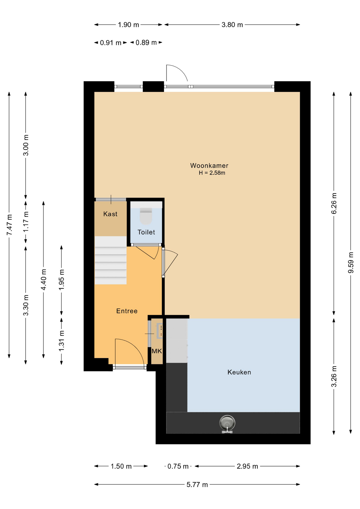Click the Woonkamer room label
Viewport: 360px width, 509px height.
(x=209, y=166)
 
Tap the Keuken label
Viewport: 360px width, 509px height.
(x=239, y=372)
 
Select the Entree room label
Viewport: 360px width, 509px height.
(x=127, y=311)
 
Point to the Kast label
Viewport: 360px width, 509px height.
(x=110, y=214)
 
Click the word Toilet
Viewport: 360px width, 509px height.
(x=146, y=232)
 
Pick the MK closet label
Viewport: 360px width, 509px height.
(x=157, y=351)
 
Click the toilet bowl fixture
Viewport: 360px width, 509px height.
(x=146, y=216)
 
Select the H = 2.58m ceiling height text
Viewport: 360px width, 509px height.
(x=212, y=173)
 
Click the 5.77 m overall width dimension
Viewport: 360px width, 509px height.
(x=197, y=485)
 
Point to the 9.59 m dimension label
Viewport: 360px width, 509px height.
(x=351, y=262)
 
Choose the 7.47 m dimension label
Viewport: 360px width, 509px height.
(x=9, y=225)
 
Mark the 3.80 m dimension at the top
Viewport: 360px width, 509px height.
(x=232, y=25)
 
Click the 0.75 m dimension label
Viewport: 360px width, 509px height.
(x=178, y=466)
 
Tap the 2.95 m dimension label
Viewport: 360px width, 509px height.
(x=247, y=466)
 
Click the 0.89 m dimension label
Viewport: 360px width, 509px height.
(x=146, y=42)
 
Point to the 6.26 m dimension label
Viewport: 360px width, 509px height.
(x=334, y=203)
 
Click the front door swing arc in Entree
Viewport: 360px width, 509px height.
(x=135, y=345)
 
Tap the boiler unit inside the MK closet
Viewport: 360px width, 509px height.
(x=160, y=331)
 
